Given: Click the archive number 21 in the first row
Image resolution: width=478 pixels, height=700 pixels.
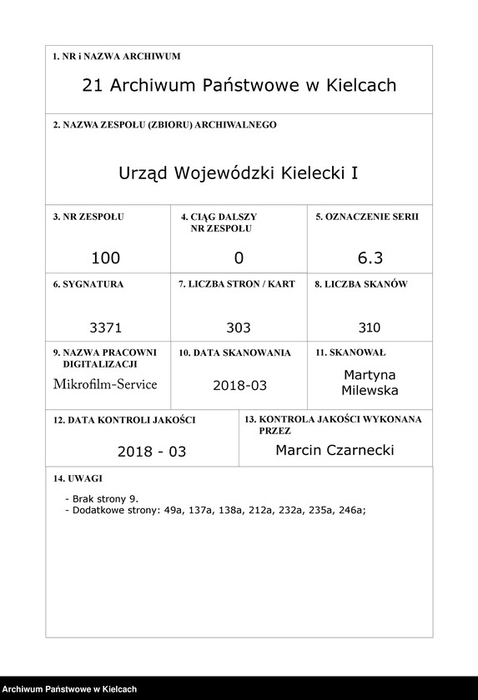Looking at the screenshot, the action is click(93, 86).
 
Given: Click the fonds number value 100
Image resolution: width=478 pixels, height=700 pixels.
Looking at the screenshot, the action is click(106, 258).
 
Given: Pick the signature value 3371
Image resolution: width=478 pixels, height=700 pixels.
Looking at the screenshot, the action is click(105, 327).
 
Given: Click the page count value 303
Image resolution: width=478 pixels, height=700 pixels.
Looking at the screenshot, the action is click(238, 327).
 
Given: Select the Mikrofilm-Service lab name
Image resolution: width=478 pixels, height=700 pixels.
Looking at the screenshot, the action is click(104, 384).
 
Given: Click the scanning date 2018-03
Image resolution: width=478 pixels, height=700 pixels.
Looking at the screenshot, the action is click(238, 385).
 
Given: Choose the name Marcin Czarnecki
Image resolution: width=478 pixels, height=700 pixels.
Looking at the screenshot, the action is click(335, 450).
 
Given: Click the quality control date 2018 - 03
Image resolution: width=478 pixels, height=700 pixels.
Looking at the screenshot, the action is click(151, 452).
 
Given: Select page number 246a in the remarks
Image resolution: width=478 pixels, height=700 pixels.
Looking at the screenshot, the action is click(351, 511).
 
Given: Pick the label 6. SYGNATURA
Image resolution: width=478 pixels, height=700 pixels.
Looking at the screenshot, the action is click(88, 284).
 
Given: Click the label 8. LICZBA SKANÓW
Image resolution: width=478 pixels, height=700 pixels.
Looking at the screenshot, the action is click(360, 284).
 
